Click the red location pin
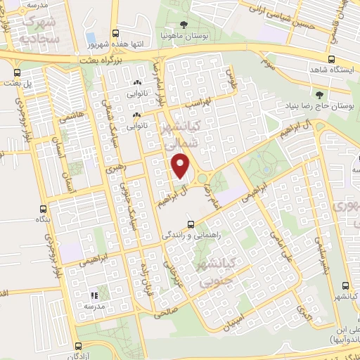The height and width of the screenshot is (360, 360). pos(181,167)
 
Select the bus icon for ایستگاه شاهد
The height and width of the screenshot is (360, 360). pos(331,60)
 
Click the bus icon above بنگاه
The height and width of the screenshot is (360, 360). pos(44,209)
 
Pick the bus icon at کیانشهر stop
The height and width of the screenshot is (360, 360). pos(345,285)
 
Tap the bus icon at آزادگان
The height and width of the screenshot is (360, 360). pos(78,346)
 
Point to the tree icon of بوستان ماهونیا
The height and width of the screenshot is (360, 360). pos(184,25)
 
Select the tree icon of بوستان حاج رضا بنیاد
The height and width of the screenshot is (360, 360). pos(320,94)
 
